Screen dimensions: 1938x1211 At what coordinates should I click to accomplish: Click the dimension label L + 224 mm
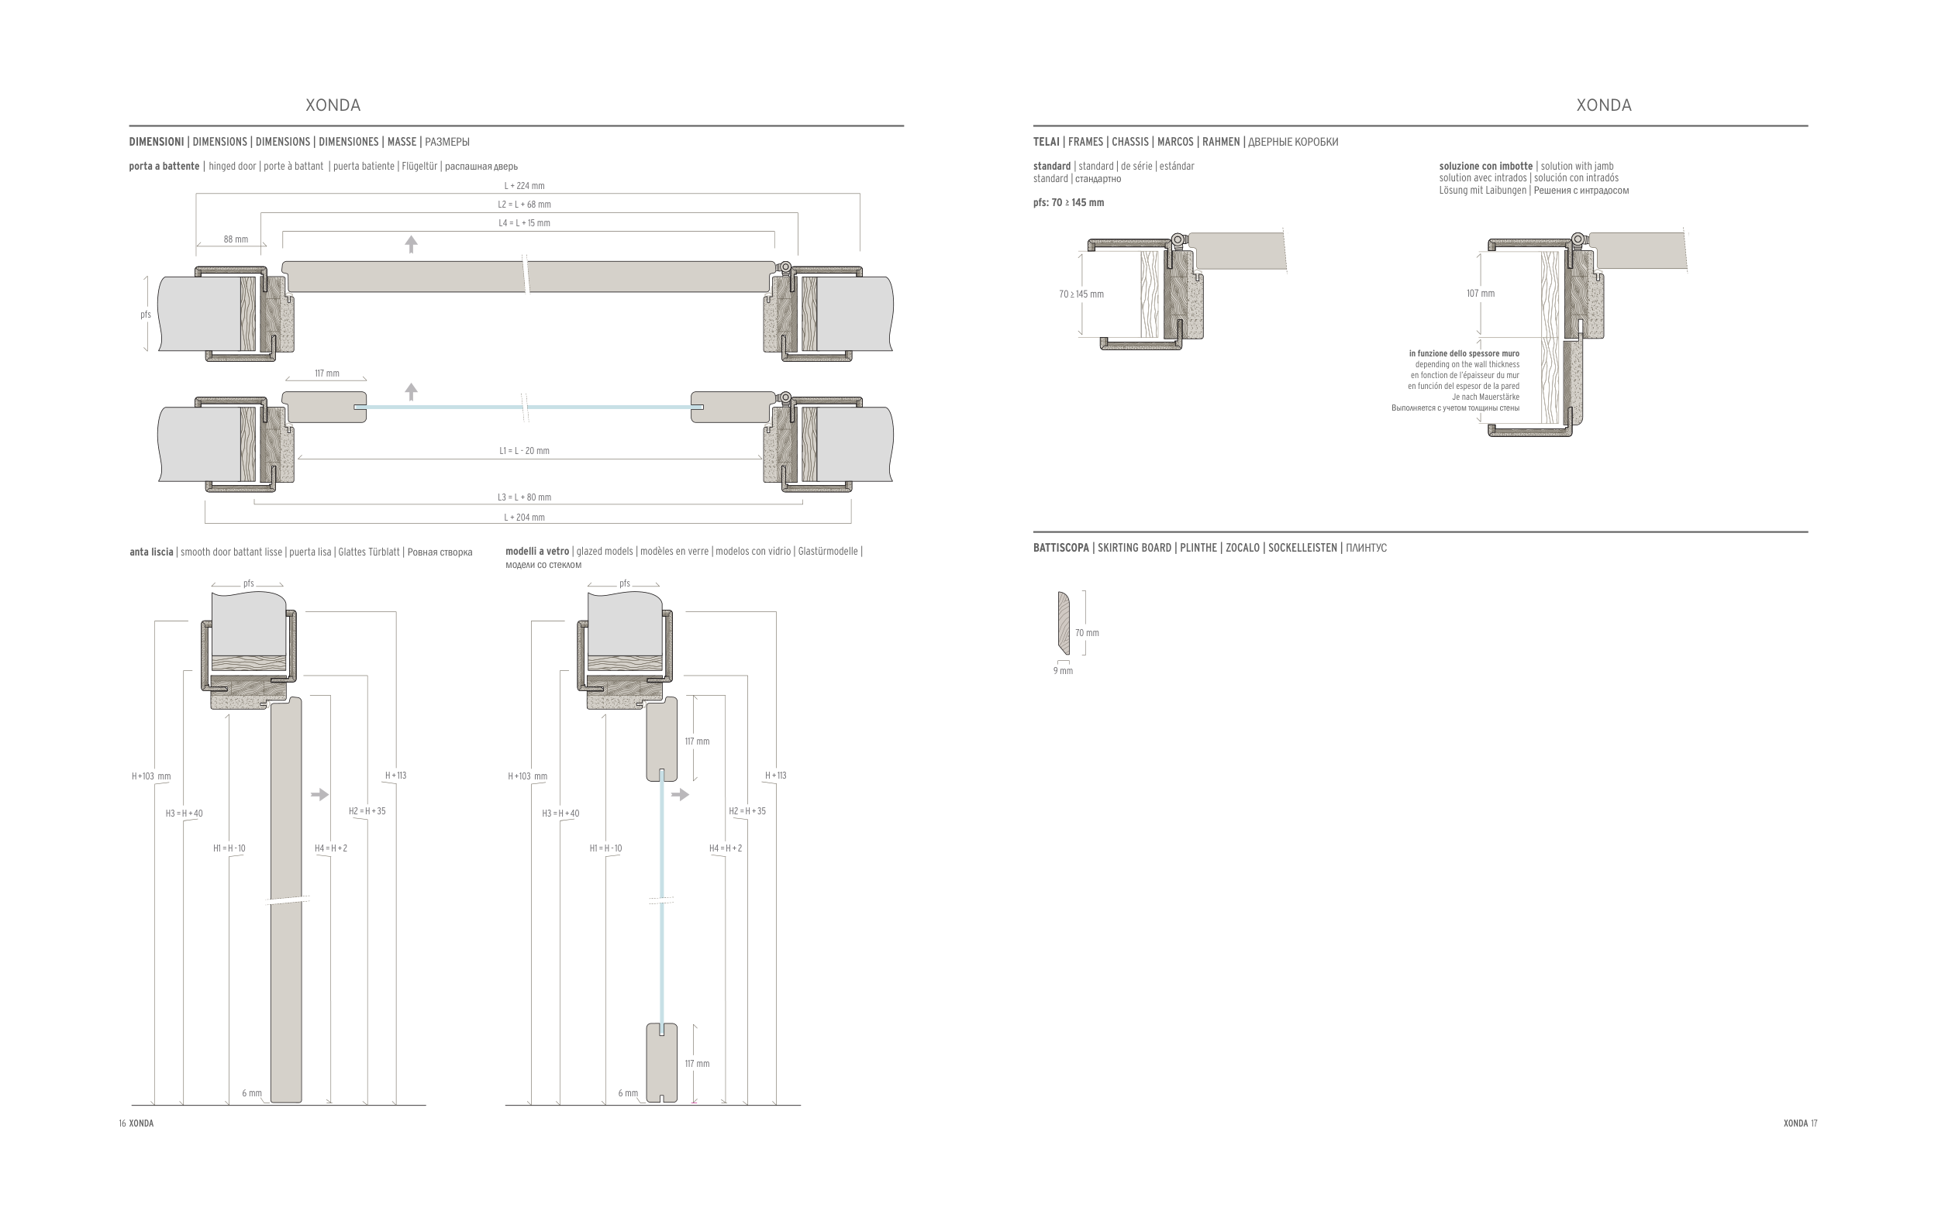pyautogui.click(x=524, y=186)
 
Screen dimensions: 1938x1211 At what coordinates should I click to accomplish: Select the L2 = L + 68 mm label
pyautogui.click(x=524, y=205)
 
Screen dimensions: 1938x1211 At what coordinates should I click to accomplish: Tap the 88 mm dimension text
pyautogui.click(x=236, y=239)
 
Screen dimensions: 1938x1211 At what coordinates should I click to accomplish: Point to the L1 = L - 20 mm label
pyautogui.click(x=524, y=451)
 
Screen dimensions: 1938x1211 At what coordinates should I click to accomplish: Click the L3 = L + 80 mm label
pyautogui.click(x=524, y=497)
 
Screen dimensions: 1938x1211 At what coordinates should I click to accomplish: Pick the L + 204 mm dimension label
pyautogui.click(x=524, y=518)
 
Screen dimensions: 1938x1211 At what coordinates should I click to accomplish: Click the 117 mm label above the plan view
pyautogui.click(x=327, y=373)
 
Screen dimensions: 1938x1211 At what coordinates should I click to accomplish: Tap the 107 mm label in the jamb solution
pyautogui.click(x=1481, y=293)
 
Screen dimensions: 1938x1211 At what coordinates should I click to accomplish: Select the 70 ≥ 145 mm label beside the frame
pyautogui.click(x=1081, y=294)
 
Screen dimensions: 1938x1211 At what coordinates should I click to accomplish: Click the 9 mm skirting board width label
pyautogui.click(x=1063, y=671)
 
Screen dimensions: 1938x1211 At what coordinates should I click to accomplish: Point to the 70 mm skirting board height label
pyautogui.click(x=1087, y=633)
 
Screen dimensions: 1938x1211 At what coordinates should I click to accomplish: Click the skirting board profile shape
pyautogui.click(x=1063, y=623)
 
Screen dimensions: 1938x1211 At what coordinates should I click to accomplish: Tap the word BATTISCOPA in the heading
pyautogui.click(x=1060, y=548)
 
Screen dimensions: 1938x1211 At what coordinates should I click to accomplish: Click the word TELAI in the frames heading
pyautogui.click(x=1047, y=142)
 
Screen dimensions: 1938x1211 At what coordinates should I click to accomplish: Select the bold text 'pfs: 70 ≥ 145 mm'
pyautogui.click(x=1069, y=203)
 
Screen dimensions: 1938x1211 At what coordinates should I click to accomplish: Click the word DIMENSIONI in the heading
pyautogui.click(x=157, y=142)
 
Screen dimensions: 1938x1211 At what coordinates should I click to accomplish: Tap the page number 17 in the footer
pyautogui.click(x=1814, y=1123)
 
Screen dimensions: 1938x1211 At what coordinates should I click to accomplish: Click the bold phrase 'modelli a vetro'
pyautogui.click(x=536, y=551)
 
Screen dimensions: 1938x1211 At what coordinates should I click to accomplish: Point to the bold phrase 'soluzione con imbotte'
pyautogui.click(x=1485, y=166)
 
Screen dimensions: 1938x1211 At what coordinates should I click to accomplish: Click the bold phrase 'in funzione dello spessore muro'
pyautogui.click(x=1464, y=353)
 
